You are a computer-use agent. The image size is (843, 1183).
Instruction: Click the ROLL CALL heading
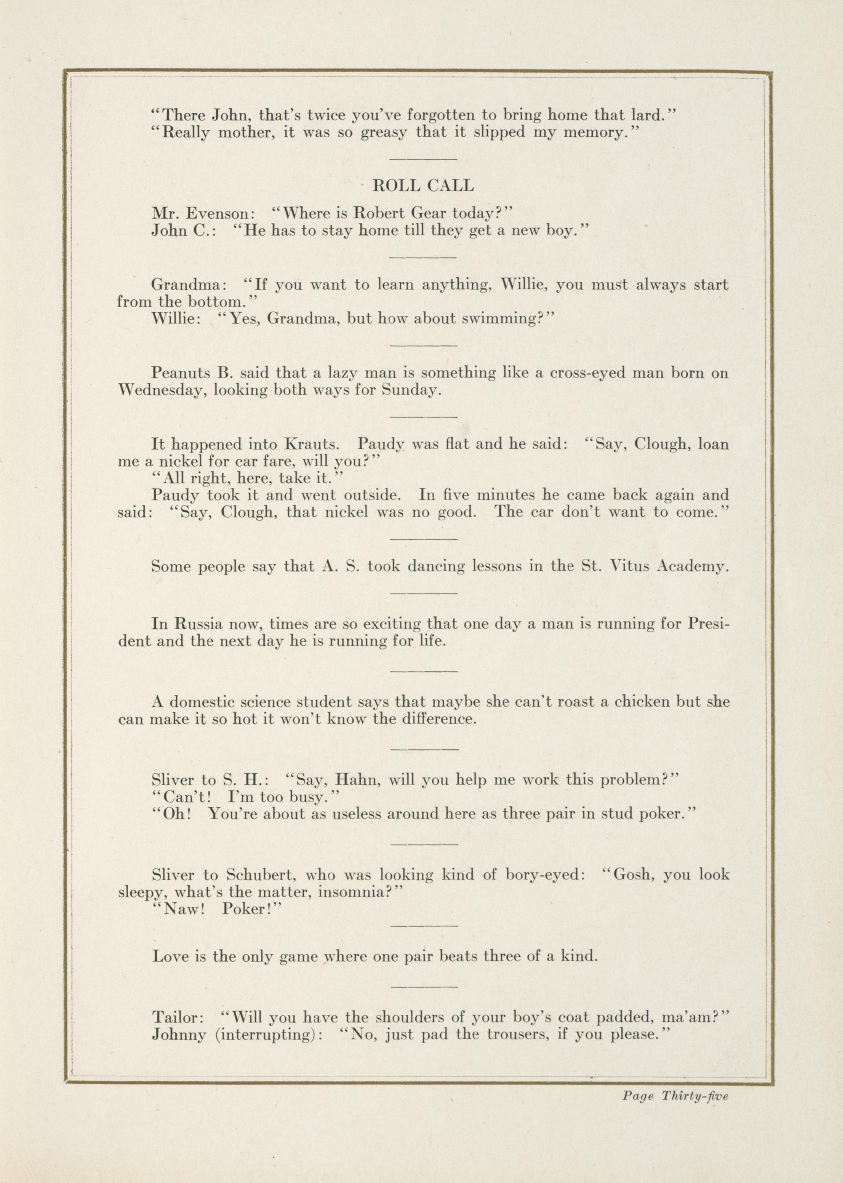(423, 186)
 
